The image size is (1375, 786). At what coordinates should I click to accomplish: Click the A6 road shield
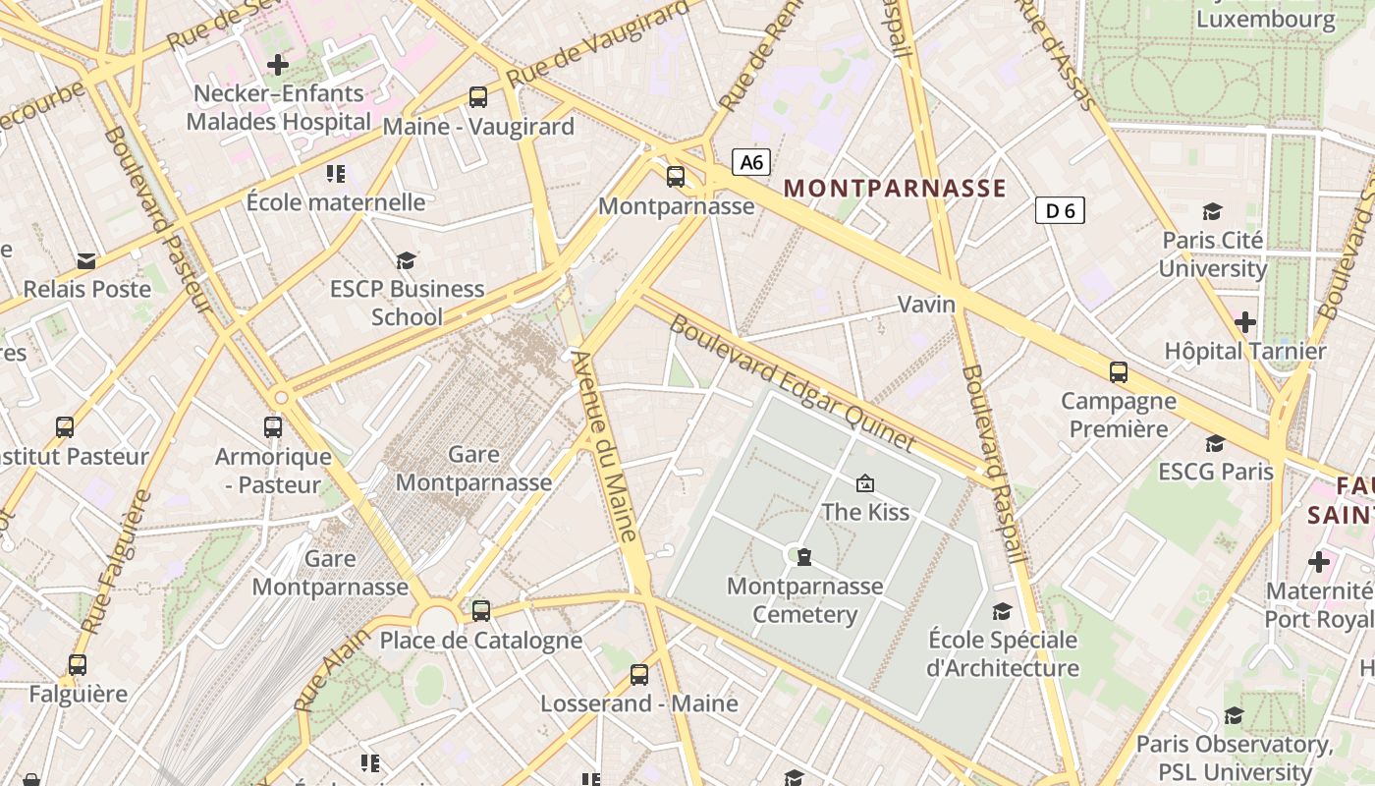click(x=751, y=162)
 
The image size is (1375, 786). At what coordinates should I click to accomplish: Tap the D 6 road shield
click(x=1060, y=210)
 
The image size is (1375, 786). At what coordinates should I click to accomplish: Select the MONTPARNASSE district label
click(x=895, y=189)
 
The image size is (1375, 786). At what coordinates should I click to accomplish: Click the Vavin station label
click(x=926, y=305)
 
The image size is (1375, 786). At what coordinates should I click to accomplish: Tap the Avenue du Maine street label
click(x=607, y=447)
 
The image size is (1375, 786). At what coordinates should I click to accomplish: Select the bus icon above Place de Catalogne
click(x=481, y=610)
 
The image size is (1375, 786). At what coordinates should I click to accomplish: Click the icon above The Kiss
click(x=865, y=482)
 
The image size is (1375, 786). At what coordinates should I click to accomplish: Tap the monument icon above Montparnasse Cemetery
click(x=804, y=557)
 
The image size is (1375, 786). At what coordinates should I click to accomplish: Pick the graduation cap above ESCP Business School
click(x=406, y=260)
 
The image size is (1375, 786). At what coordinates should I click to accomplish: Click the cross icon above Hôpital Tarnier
click(x=1245, y=321)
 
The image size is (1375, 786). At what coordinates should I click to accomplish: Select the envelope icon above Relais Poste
click(x=86, y=261)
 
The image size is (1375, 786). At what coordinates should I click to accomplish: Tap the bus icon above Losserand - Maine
click(x=639, y=674)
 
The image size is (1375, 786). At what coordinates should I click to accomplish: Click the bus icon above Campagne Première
click(x=1119, y=371)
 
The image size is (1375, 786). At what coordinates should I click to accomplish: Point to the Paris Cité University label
click(x=1213, y=254)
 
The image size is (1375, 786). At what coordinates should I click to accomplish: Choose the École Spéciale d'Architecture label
click(x=1003, y=654)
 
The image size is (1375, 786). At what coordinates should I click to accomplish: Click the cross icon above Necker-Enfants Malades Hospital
click(x=278, y=65)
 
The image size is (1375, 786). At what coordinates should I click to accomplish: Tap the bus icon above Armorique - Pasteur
click(x=273, y=427)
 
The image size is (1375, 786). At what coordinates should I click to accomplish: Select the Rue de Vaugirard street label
click(x=598, y=44)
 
